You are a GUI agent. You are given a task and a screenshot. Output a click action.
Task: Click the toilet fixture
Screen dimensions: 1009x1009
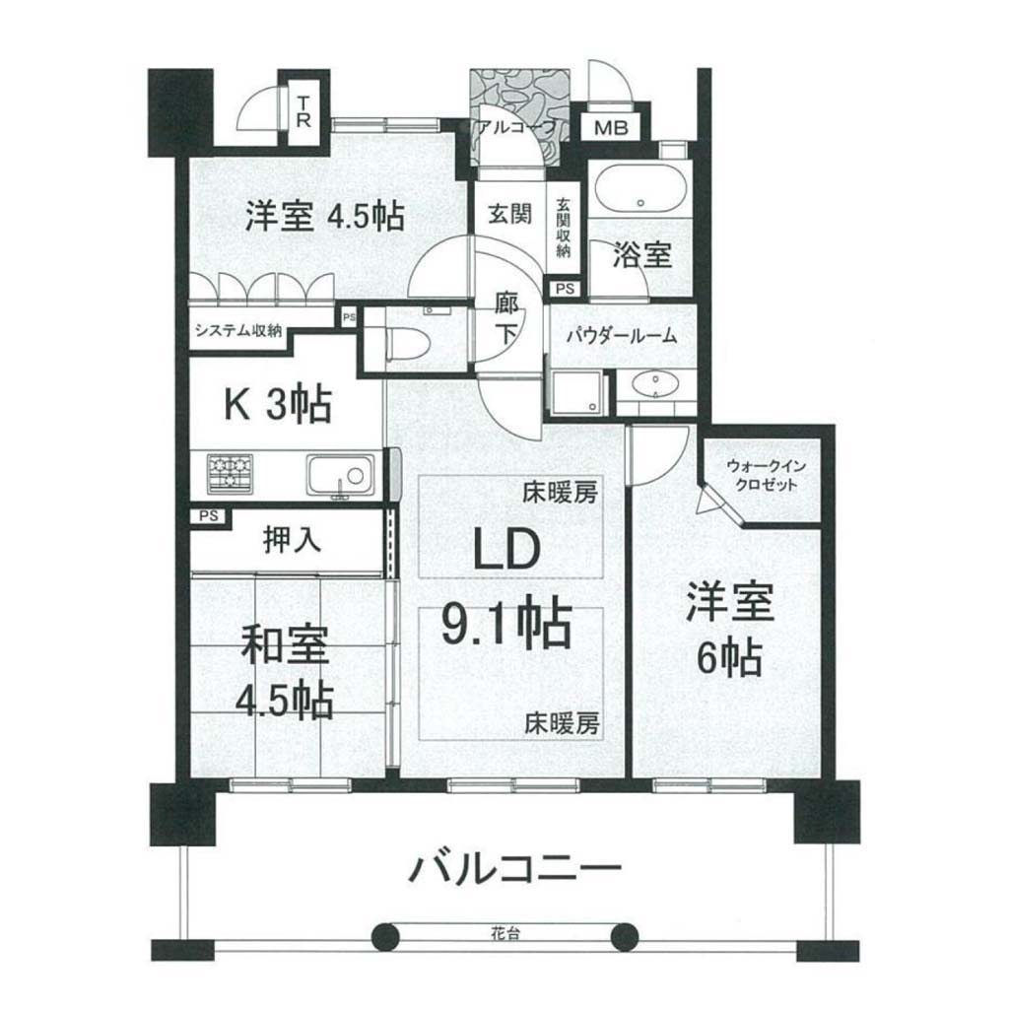pos(408,340)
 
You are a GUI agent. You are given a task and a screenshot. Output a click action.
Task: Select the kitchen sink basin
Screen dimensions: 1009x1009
pos(340,476)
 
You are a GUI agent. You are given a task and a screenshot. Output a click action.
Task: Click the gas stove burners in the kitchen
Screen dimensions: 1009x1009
pos(230,474)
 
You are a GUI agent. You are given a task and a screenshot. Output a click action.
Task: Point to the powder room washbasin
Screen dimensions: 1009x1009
pos(654,385)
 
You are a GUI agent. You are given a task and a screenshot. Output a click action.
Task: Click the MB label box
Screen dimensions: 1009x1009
pos(611,127)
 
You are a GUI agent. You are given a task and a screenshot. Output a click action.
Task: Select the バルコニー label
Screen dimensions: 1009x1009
pos(515,869)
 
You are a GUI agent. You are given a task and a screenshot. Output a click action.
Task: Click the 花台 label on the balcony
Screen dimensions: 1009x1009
pos(504,934)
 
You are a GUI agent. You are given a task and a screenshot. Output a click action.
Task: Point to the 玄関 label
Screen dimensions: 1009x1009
pos(509,213)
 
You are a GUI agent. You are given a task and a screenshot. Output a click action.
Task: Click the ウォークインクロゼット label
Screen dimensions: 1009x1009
pos(765,475)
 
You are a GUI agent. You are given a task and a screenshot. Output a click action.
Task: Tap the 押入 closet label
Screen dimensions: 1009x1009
pos(292,539)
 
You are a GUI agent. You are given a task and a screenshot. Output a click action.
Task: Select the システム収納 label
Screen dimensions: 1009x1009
pos(238,331)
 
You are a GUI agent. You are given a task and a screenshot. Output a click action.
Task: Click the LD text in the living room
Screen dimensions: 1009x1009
pos(507,548)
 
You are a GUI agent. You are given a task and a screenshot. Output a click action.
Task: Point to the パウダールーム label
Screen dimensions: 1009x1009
pos(622,335)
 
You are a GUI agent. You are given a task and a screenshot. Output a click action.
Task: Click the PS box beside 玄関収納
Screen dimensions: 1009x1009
pos(565,290)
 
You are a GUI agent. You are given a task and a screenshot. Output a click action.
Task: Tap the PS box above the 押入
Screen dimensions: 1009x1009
pos(207,516)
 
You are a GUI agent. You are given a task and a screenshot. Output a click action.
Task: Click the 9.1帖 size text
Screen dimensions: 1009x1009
pos(506,622)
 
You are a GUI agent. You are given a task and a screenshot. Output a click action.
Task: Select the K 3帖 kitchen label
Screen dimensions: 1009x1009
pos(277,404)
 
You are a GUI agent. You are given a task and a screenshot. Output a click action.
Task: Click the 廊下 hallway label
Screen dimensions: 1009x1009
pos(505,320)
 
